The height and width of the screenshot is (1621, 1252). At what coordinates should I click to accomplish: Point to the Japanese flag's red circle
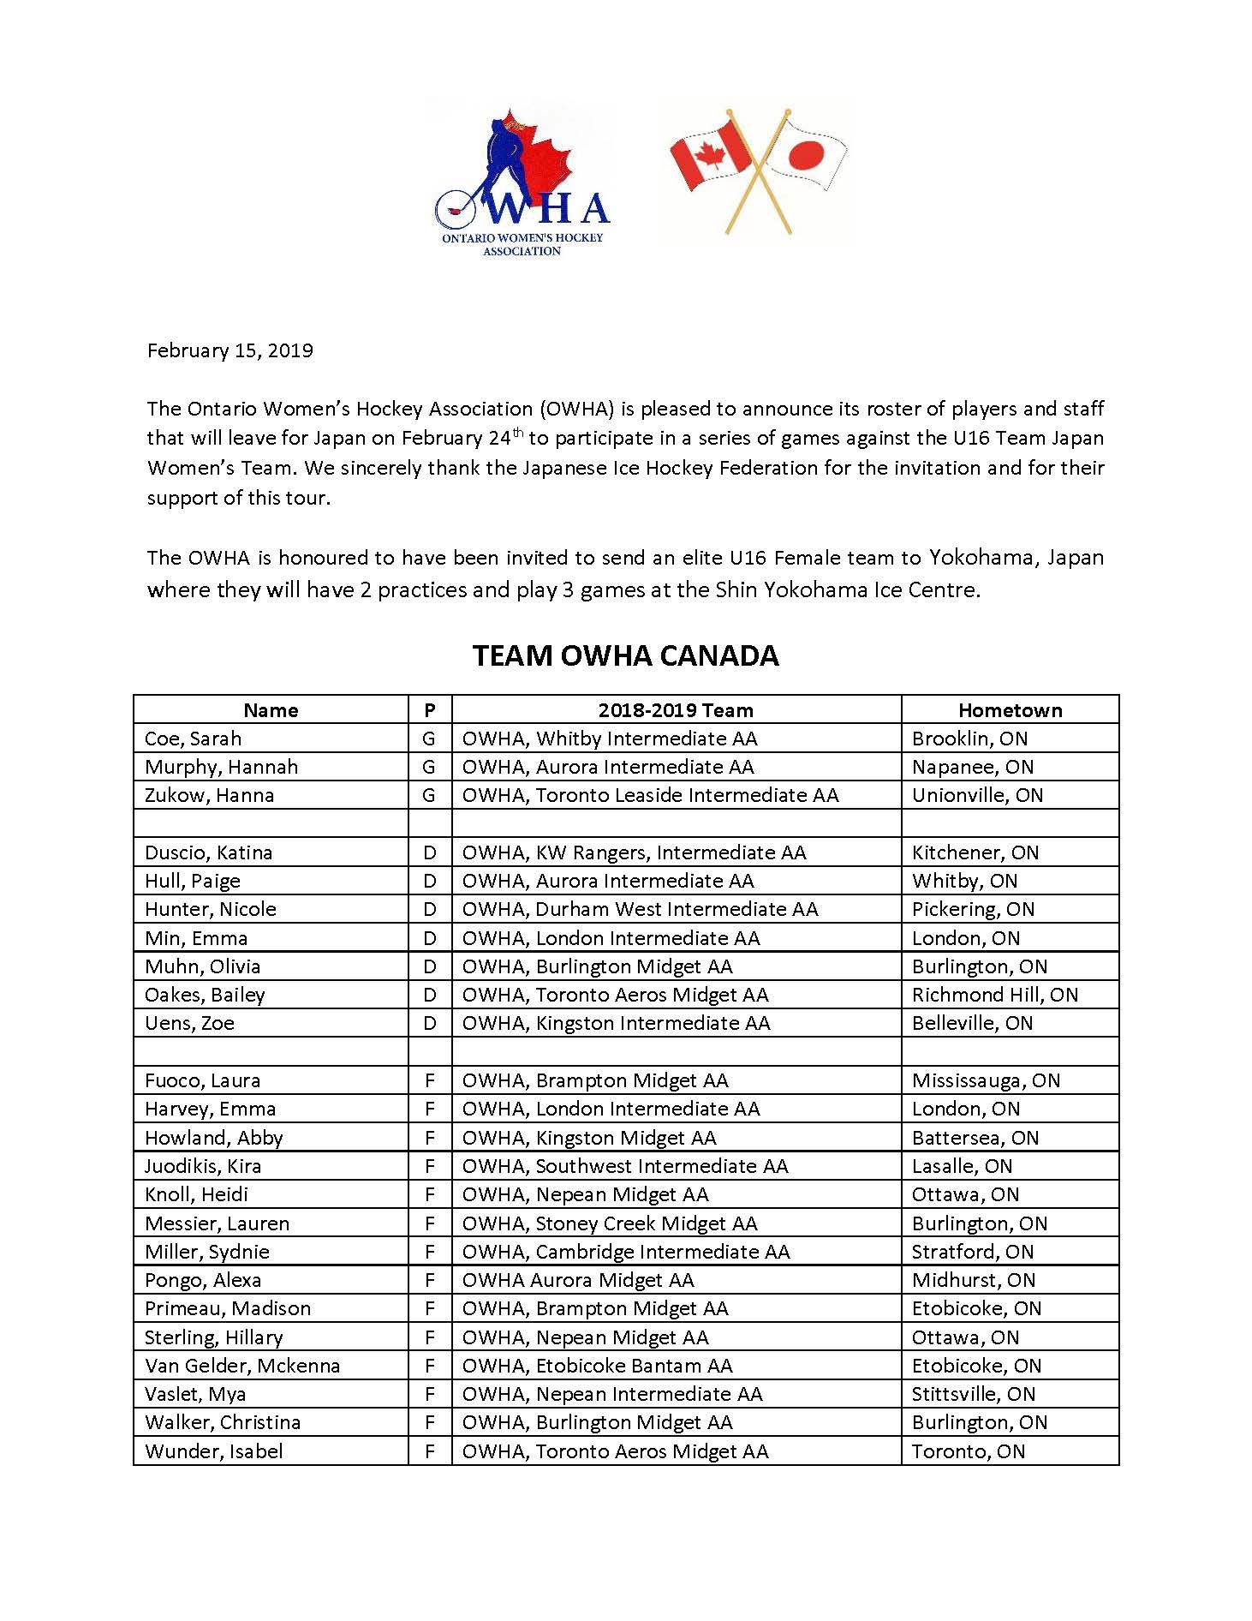click(805, 155)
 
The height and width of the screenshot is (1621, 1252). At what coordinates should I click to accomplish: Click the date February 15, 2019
click(230, 350)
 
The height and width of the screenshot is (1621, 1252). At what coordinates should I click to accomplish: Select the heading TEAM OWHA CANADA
click(625, 656)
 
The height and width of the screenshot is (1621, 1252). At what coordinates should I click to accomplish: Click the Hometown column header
click(1010, 710)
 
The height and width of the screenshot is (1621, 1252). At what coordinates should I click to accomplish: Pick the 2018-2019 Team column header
click(676, 710)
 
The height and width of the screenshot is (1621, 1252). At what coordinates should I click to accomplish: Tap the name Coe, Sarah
click(193, 739)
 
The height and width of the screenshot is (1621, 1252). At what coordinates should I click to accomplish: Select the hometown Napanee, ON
click(972, 767)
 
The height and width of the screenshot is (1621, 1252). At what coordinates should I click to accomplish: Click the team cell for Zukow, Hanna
click(650, 795)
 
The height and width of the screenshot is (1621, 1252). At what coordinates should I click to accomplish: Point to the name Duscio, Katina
click(208, 852)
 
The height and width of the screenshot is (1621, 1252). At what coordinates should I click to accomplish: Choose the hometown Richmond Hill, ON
click(994, 995)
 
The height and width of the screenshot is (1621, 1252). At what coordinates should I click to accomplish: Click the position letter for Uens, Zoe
click(430, 1023)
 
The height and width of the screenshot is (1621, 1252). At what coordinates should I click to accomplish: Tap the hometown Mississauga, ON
click(986, 1080)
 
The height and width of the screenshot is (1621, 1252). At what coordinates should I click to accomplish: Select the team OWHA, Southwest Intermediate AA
click(625, 1166)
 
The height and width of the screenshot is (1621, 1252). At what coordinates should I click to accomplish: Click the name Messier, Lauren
click(217, 1223)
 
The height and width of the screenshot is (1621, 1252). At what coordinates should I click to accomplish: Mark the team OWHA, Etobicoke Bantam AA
click(597, 1366)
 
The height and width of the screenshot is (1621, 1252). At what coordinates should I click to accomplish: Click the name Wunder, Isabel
click(213, 1451)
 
